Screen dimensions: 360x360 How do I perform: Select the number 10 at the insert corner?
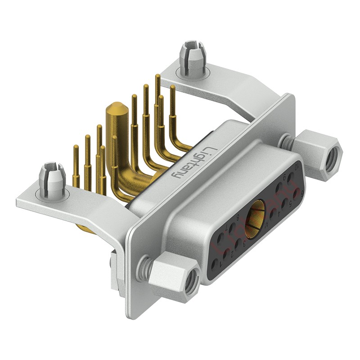pos(296,167)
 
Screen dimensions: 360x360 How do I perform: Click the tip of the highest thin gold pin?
pos(157,77)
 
